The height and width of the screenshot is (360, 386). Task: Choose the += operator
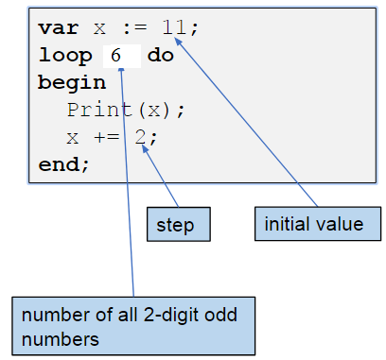coord(107,137)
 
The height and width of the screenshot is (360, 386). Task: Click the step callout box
coord(177,225)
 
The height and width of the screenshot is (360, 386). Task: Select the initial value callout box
coord(314,224)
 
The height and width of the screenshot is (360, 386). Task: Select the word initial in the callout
coord(286,224)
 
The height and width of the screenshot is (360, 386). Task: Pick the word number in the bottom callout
coord(52,314)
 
